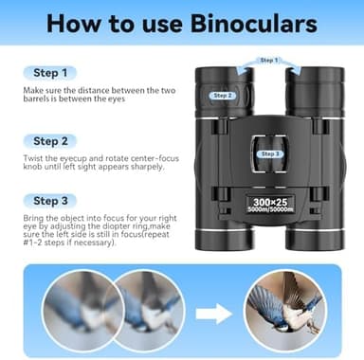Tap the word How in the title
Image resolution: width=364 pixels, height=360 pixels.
point(82,23)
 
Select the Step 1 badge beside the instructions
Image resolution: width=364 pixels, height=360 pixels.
point(49,72)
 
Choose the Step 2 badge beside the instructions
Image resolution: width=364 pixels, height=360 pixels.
point(49,139)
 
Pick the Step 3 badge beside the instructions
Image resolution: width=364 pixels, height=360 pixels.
point(49,201)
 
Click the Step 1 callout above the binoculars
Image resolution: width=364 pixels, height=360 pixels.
point(268,61)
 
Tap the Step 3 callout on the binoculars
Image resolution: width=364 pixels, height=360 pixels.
point(270,153)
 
